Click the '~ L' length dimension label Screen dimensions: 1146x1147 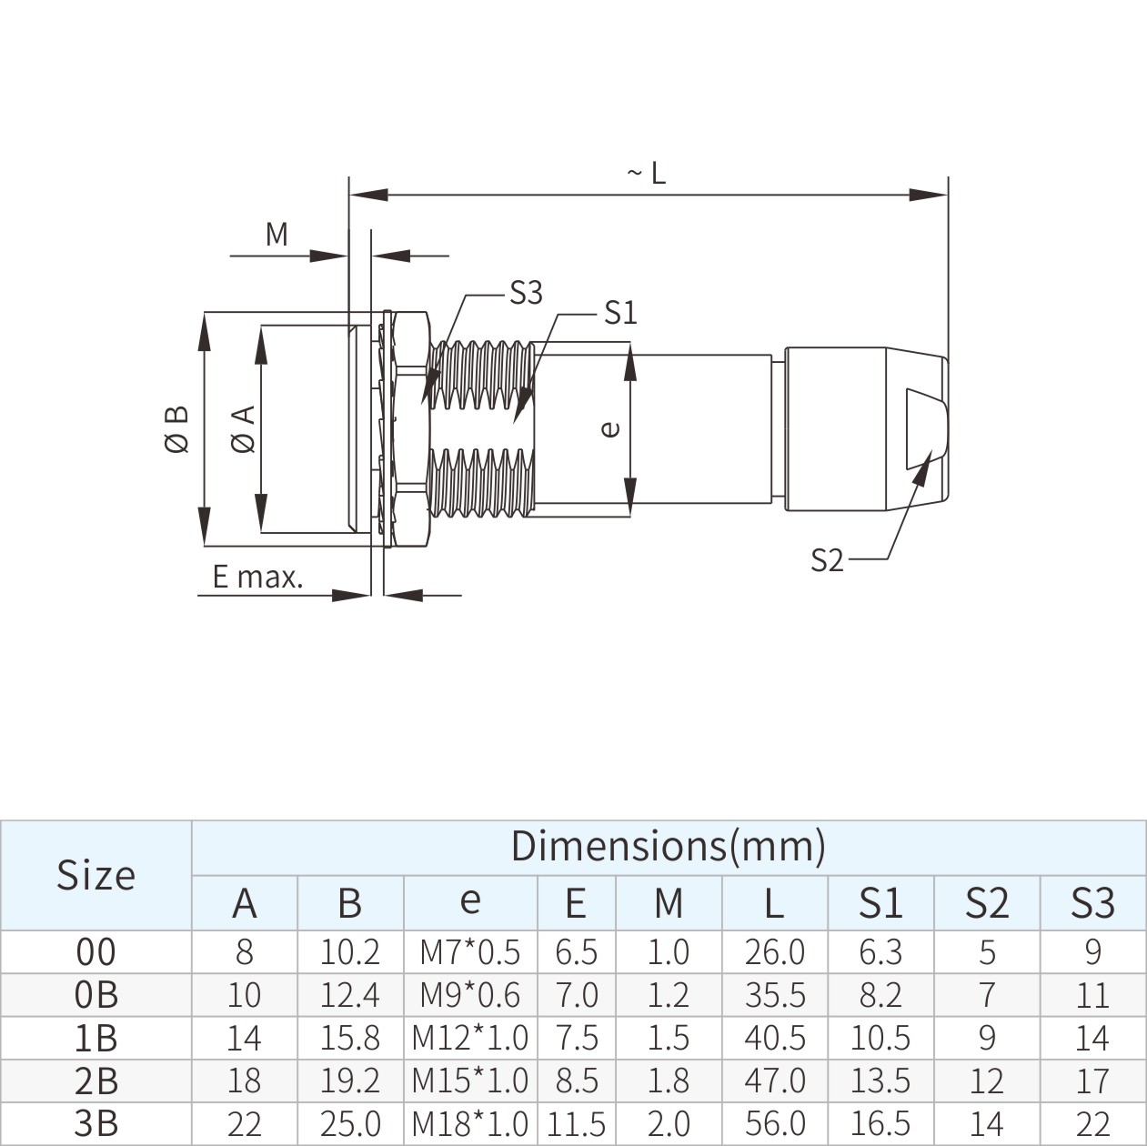(647, 172)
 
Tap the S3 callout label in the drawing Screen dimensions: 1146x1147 (526, 293)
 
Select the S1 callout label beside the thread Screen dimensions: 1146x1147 (620, 314)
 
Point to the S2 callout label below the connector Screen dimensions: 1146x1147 (827, 560)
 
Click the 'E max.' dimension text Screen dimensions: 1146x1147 (257, 577)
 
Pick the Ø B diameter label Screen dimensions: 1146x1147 (176, 428)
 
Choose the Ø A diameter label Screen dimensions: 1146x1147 (244, 429)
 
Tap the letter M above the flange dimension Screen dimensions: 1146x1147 (277, 235)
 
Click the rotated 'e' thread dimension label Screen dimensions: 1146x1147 (610, 428)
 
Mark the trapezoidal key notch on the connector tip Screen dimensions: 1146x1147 (926, 428)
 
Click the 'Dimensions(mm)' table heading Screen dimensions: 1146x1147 (668, 846)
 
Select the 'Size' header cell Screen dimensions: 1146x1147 (96, 875)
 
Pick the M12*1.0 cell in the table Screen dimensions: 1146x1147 (469, 1038)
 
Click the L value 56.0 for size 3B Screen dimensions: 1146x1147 (774, 1124)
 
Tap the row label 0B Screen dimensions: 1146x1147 (96, 995)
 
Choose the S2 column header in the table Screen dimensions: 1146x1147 (986, 902)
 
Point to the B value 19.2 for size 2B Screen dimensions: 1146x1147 (349, 1081)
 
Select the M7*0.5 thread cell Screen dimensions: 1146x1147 (469, 952)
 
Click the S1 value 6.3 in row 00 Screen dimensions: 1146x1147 (880, 952)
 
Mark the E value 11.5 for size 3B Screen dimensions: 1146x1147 (576, 1124)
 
